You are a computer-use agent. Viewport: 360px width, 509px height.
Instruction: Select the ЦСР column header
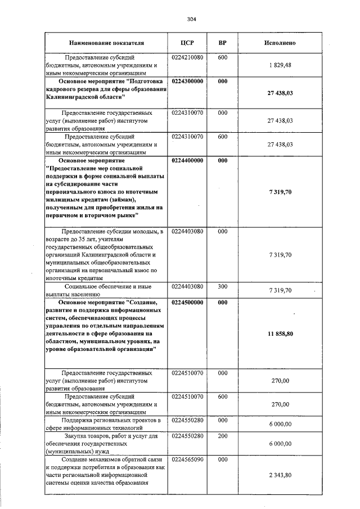tap(187, 43)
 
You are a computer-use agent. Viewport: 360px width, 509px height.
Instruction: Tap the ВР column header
tap(222, 43)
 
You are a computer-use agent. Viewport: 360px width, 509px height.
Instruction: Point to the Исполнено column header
tap(280, 43)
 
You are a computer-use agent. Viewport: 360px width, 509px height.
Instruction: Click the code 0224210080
tap(187, 57)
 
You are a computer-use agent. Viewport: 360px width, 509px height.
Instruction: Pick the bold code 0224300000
tap(187, 81)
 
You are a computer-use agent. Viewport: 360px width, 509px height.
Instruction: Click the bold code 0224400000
tap(187, 160)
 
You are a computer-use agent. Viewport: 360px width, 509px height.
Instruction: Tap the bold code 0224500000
tap(187, 302)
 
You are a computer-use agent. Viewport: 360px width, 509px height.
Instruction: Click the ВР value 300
tap(222, 286)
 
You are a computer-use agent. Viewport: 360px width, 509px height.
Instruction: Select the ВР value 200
tap(222, 435)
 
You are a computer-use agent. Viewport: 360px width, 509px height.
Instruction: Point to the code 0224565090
tap(187, 460)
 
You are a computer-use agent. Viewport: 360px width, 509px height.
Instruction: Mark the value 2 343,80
tap(280, 475)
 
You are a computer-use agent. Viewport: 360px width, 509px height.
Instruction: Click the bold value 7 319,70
tap(280, 192)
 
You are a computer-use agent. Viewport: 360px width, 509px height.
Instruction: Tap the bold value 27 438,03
tap(280, 93)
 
